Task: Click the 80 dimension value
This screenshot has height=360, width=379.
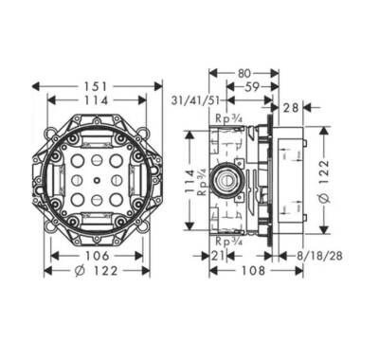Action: tap(244, 71)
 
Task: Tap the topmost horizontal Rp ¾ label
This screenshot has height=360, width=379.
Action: tap(227, 118)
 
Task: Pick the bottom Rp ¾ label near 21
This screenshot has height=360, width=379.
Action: tap(227, 243)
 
